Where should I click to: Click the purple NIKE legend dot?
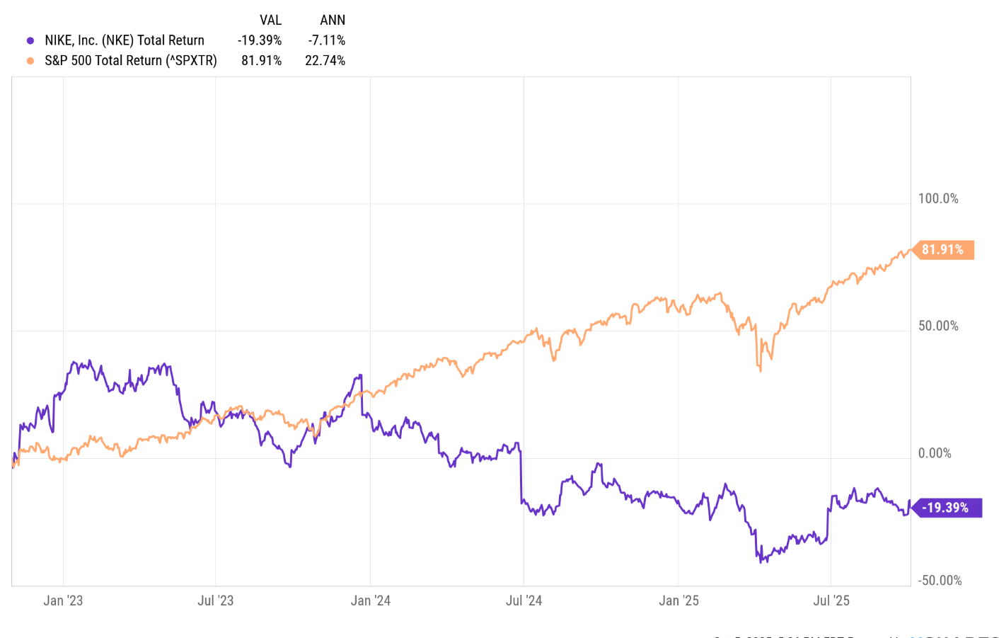tap(30, 40)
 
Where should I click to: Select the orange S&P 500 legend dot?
tap(30, 61)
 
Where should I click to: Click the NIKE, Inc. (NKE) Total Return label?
tap(125, 40)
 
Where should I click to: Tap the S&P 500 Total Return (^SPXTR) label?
tap(131, 61)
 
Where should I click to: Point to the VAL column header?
tap(270, 20)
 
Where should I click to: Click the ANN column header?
tap(333, 20)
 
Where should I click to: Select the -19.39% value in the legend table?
tap(260, 40)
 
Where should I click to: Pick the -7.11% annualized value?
tap(327, 40)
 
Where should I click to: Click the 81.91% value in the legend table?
tap(262, 61)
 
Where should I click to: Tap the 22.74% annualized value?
tap(325, 61)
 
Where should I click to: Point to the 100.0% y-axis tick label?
tap(938, 199)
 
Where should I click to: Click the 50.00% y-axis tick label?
tap(938, 326)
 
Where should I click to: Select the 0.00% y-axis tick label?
tap(935, 454)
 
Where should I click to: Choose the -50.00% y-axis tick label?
tap(940, 581)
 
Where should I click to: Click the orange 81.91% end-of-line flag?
tap(943, 250)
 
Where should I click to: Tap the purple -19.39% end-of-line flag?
tap(946, 508)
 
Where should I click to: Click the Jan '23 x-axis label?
tap(63, 601)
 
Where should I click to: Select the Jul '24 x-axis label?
tap(524, 601)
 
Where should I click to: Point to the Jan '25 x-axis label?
tap(678, 601)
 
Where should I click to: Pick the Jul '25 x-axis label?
tap(831, 601)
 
